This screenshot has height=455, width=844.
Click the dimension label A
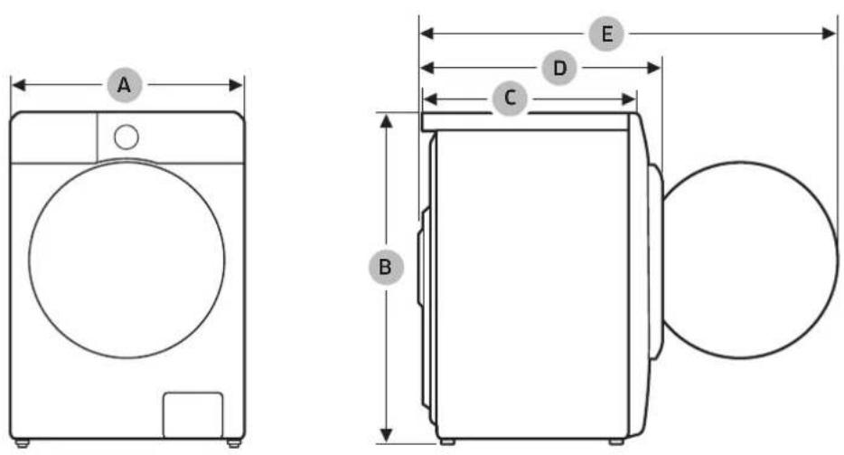[125, 85]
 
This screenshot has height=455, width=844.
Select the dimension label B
[386, 266]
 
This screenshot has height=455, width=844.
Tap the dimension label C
[510, 98]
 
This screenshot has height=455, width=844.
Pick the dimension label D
[559, 68]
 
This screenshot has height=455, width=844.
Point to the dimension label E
[606, 34]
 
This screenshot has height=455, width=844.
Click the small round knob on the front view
[127, 137]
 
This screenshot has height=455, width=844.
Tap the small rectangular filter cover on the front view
[192, 415]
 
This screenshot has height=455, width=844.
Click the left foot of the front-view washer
[22, 443]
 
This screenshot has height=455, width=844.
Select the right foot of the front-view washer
[233, 443]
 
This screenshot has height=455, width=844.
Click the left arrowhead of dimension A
[19, 85]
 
